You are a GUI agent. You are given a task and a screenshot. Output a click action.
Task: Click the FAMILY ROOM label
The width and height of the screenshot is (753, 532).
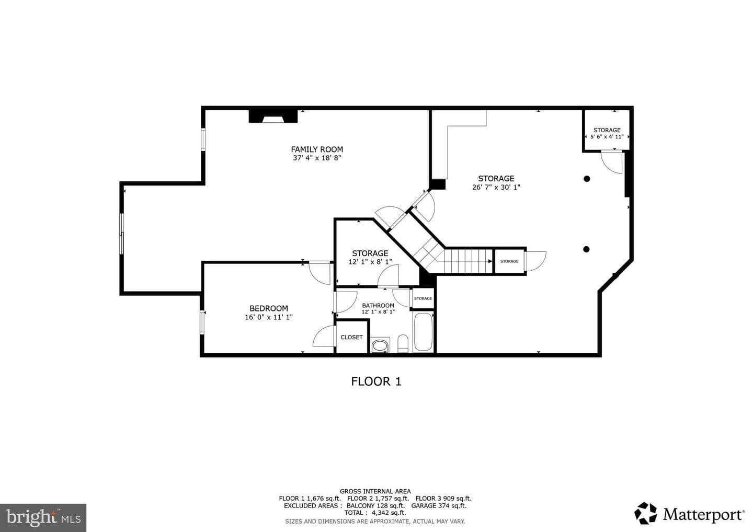tap(317, 149)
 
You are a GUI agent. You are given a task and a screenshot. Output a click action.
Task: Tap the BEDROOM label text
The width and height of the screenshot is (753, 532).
tap(269, 308)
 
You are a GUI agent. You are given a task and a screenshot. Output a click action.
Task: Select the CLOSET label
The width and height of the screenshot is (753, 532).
tap(351, 337)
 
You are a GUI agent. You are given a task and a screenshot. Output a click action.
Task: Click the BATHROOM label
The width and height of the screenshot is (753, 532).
tap(378, 306)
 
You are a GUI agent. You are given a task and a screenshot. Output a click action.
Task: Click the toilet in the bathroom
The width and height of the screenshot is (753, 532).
tap(403, 343)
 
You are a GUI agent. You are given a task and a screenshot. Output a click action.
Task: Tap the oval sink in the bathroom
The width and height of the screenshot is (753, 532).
tap(380, 345)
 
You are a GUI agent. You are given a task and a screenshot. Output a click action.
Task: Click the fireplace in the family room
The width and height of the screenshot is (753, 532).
tap(273, 116)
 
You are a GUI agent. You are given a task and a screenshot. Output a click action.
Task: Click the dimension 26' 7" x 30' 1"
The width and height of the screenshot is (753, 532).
tap(496, 188)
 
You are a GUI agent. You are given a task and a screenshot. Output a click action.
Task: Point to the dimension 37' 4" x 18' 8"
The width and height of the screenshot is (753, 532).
tap(317, 158)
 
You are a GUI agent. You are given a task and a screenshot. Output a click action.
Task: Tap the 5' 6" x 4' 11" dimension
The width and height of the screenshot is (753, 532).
tap(607, 137)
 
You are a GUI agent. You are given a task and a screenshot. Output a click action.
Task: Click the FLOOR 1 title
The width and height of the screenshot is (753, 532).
tap(376, 381)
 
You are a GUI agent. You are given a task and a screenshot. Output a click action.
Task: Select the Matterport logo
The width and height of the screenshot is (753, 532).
tap(689, 514)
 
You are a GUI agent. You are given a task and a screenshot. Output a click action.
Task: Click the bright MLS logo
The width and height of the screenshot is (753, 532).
tap(43, 517)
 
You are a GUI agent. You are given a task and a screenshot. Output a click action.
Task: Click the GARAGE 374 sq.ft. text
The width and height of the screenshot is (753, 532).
tap(439, 506)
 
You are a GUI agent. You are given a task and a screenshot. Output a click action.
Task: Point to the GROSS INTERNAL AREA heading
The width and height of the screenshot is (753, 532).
tap(375, 491)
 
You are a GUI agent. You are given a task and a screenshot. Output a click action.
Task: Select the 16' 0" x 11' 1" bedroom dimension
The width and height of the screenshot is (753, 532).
tap(269, 317)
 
